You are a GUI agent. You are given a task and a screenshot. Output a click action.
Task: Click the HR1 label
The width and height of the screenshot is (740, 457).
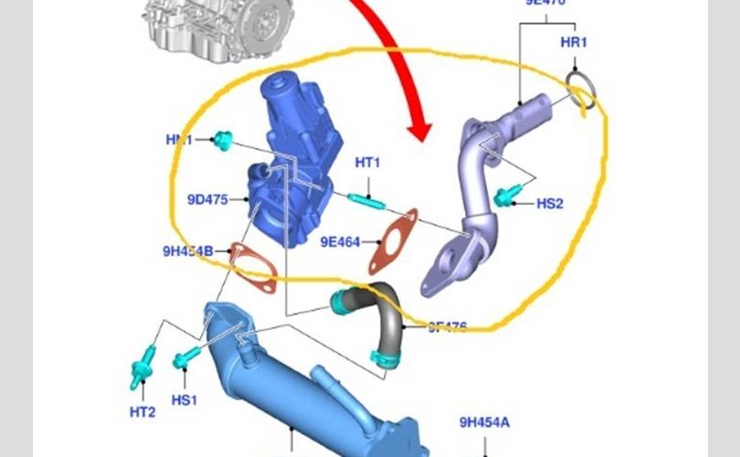[x=574, y=43]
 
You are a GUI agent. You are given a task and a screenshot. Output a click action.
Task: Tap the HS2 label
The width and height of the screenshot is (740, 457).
[x=550, y=203]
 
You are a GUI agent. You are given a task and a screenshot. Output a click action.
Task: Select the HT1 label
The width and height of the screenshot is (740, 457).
[x=367, y=164]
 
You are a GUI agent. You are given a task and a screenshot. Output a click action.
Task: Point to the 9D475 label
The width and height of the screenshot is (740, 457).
[x=207, y=198]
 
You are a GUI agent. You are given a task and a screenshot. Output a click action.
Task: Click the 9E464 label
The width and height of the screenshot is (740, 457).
[x=340, y=242]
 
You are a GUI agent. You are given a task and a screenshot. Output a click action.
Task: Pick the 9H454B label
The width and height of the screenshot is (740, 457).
[x=188, y=250]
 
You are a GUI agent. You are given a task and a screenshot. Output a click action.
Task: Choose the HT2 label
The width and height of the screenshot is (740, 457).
[x=143, y=412]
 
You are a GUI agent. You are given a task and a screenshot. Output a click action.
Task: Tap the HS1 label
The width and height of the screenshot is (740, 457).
[x=185, y=399]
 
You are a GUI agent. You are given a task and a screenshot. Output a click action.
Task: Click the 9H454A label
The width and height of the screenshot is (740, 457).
[x=484, y=422]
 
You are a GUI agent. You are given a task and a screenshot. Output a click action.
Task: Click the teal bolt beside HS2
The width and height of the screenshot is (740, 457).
[x=504, y=194]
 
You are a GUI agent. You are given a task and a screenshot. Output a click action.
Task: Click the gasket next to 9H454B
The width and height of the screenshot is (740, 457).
[x=253, y=268]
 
